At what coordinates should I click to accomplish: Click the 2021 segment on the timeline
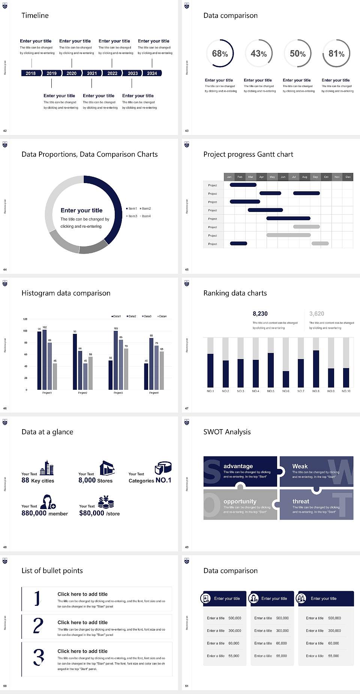point(92,74)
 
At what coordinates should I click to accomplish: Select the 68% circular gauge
point(220,54)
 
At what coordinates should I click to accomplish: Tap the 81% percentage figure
point(336,54)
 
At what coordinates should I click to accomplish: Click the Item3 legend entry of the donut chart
point(132,216)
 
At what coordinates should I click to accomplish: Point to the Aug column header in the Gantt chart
point(304,177)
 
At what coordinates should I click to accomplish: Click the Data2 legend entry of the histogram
point(131,316)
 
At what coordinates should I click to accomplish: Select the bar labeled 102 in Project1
point(45,359)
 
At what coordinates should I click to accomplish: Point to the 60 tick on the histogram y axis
point(25,354)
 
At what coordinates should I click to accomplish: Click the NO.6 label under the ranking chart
point(286,391)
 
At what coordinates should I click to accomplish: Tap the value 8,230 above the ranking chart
point(260,314)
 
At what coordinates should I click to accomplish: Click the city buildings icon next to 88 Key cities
point(47,468)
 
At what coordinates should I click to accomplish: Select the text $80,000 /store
point(99,513)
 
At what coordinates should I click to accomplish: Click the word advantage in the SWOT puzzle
point(238,466)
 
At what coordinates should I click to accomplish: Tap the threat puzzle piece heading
point(301,501)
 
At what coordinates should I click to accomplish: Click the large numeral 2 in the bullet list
point(38,626)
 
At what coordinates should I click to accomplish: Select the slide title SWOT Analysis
point(227,432)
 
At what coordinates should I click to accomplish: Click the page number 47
point(187,408)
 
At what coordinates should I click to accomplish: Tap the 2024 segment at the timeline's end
point(152,74)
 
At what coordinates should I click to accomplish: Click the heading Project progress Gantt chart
point(248,154)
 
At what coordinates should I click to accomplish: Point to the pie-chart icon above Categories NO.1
point(163,467)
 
